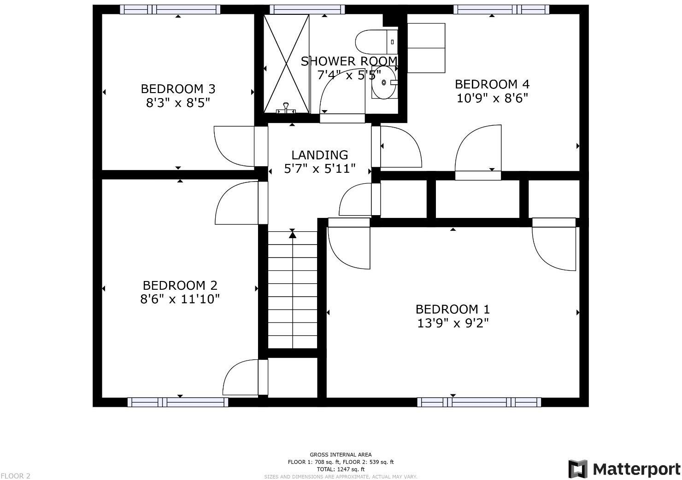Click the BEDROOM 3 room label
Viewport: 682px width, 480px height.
[x=178, y=88]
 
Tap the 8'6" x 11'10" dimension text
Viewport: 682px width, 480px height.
[x=180, y=299]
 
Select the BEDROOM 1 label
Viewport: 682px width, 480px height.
[x=453, y=309]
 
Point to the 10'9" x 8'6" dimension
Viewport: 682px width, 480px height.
[x=492, y=98]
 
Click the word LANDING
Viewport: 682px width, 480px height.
[x=319, y=155]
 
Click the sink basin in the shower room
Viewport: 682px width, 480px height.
[x=384, y=83]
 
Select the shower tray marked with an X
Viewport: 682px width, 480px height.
[x=286, y=63]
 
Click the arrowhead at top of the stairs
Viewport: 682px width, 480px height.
[x=292, y=235]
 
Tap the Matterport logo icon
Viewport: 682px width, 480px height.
[x=578, y=469]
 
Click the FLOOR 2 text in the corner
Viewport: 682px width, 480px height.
[x=16, y=476]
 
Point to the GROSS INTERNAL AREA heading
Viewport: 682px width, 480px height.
[x=341, y=455]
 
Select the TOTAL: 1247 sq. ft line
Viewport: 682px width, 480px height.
[x=341, y=469]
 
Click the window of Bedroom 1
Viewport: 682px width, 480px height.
[x=479, y=402]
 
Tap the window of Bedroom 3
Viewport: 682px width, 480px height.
[x=170, y=9]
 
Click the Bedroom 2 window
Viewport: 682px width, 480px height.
[x=177, y=402]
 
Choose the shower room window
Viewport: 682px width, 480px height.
[x=307, y=9]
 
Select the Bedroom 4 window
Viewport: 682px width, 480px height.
[x=501, y=9]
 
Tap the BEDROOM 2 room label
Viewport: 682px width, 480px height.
[x=180, y=286]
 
